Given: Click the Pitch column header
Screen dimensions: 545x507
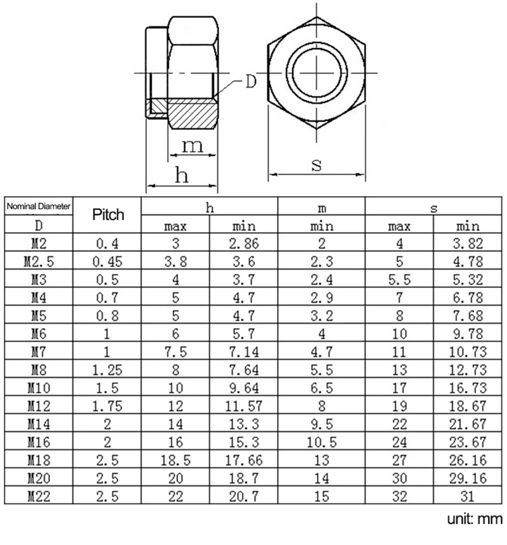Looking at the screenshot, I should (108, 214).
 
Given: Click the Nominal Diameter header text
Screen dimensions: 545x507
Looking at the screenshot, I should (39, 206).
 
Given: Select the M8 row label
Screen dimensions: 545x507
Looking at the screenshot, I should (39, 370).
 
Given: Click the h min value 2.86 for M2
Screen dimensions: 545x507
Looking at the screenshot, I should (244, 242).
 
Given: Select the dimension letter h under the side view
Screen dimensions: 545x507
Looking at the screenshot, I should (183, 175).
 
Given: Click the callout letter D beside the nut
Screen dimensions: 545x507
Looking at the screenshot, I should (251, 82).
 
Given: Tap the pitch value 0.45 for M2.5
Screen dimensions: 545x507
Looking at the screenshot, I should (108, 260).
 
